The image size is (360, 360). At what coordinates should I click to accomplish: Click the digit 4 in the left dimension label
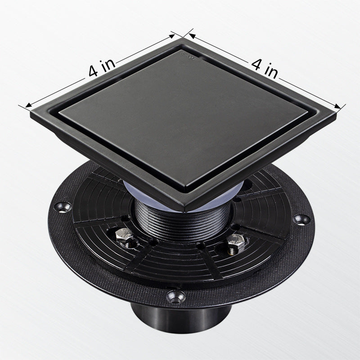click(x=94, y=72)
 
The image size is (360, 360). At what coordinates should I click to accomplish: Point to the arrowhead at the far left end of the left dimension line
click(x=28, y=105)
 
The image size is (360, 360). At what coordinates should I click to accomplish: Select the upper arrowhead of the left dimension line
click(x=172, y=36)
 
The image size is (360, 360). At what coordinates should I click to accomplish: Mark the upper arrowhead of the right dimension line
click(x=192, y=36)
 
